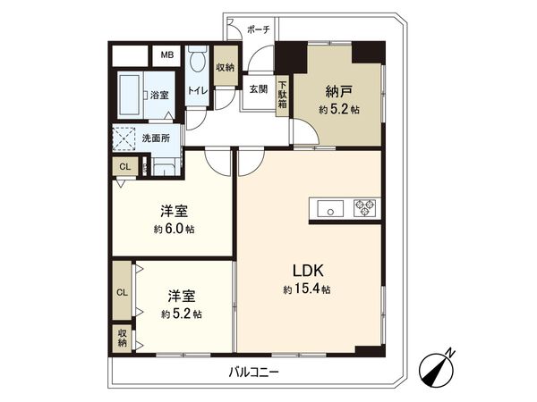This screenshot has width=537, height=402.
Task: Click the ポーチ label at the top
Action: (x=258, y=28)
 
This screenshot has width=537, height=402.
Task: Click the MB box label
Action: (x=166, y=54)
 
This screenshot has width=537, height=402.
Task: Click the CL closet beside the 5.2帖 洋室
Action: (x=121, y=291)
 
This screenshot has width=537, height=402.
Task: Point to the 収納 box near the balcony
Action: (x=121, y=338)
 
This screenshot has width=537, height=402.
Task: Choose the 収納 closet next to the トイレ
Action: (x=225, y=67)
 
